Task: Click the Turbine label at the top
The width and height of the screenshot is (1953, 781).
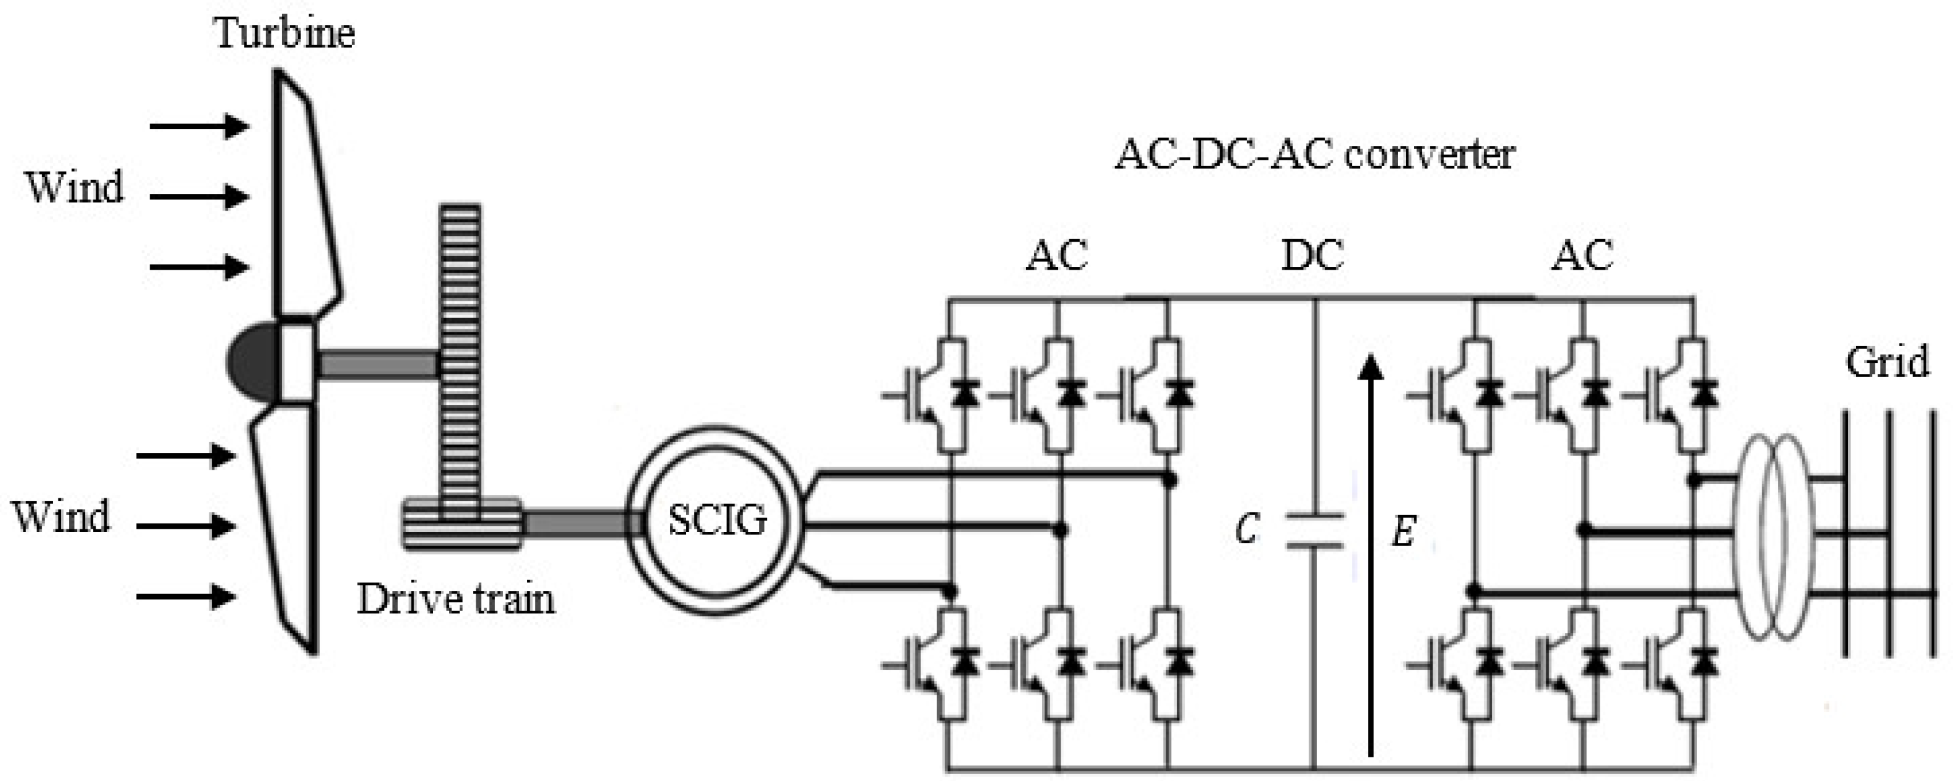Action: [284, 34]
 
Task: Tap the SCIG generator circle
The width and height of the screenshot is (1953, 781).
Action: [717, 521]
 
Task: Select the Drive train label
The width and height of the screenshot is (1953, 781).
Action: [456, 599]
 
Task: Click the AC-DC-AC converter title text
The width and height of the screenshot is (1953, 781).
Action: [1314, 155]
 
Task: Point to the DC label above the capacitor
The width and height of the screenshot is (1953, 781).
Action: [1312, 255]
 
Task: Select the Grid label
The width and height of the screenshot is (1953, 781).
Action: [1887, 362]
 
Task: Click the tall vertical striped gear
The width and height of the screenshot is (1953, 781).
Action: [460, 357]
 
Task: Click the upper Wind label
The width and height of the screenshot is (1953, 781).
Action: [75, 187]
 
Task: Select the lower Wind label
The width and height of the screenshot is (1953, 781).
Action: [61, 517]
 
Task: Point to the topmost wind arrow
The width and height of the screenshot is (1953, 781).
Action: [199, 126]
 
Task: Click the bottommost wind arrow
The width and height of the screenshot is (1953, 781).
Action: [186, 596]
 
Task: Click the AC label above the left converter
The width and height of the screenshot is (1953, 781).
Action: [1056, 255]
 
